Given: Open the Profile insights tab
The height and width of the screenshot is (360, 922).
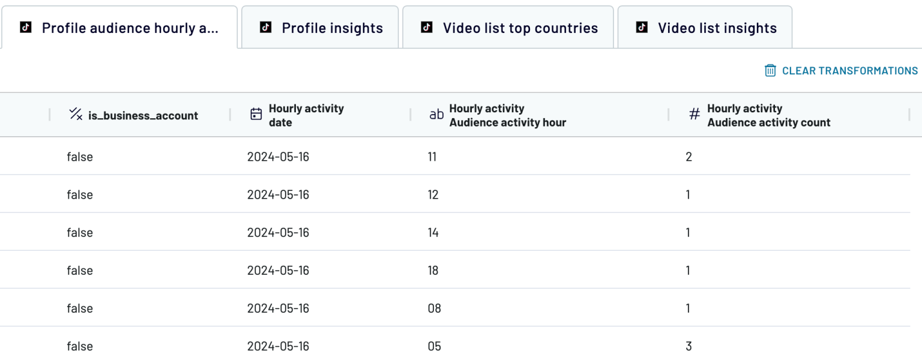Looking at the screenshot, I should pos(332,28).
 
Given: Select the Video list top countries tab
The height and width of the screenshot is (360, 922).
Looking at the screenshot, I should pos(520,28).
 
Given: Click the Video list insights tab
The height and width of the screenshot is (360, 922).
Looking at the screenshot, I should pos(717,28).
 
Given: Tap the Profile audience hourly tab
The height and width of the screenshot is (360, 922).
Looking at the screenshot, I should pos(130,28).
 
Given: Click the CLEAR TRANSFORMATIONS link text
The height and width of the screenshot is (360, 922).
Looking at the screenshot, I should pos(849,71).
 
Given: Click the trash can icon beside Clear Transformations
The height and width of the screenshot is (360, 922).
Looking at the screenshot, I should pos(770,71).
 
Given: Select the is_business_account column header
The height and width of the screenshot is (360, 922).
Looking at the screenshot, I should pos(143,116).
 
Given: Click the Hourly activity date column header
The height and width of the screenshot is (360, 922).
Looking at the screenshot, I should pos(306,115).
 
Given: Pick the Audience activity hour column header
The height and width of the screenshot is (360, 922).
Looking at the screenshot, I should pos(507,115).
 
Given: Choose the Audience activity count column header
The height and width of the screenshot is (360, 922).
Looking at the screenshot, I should pos(768,115).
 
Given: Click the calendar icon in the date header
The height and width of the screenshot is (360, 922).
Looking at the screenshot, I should pos(256,115).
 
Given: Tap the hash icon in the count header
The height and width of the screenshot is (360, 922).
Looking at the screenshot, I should pos(694,115).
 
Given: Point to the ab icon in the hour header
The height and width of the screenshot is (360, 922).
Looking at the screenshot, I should pos(436,115).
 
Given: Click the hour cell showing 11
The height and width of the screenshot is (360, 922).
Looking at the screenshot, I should pos(432,157).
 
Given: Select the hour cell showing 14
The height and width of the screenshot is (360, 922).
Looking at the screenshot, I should pos(433,233).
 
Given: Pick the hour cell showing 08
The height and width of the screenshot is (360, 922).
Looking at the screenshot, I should pos(434,308).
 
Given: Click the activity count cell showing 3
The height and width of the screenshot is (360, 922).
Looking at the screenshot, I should pos(688,346).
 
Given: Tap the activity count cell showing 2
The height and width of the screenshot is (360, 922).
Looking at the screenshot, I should pos(688,157).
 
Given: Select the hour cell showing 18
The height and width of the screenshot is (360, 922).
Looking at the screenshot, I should pos(433,271).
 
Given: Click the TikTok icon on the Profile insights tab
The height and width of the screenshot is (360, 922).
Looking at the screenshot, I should pos(265,28).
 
